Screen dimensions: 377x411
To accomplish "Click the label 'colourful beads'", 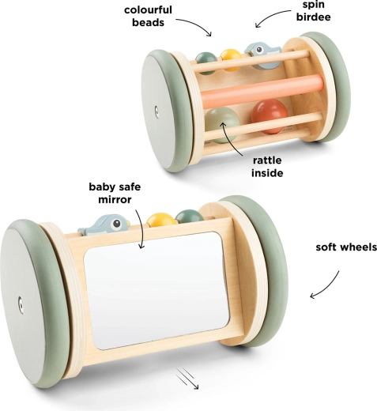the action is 148,17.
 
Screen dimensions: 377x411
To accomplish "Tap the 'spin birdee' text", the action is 313,11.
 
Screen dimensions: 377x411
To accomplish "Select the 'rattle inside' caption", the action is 267,167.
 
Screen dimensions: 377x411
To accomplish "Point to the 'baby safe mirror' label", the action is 115,193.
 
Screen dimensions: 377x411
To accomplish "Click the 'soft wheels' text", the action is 346,247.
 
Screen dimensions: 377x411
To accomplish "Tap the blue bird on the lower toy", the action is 104,224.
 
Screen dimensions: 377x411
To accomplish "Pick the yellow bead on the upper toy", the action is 231,59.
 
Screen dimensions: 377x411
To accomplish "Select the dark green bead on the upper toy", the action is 206,62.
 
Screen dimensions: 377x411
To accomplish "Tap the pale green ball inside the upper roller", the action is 222,125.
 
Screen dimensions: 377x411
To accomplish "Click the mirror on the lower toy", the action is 156,290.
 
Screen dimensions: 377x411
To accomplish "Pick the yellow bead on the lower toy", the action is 160,219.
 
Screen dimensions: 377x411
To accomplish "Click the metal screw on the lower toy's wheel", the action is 21,305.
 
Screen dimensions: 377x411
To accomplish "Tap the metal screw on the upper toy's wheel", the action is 156,111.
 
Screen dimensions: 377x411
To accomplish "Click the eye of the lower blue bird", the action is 116,224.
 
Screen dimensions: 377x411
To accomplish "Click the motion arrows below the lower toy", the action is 187,379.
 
